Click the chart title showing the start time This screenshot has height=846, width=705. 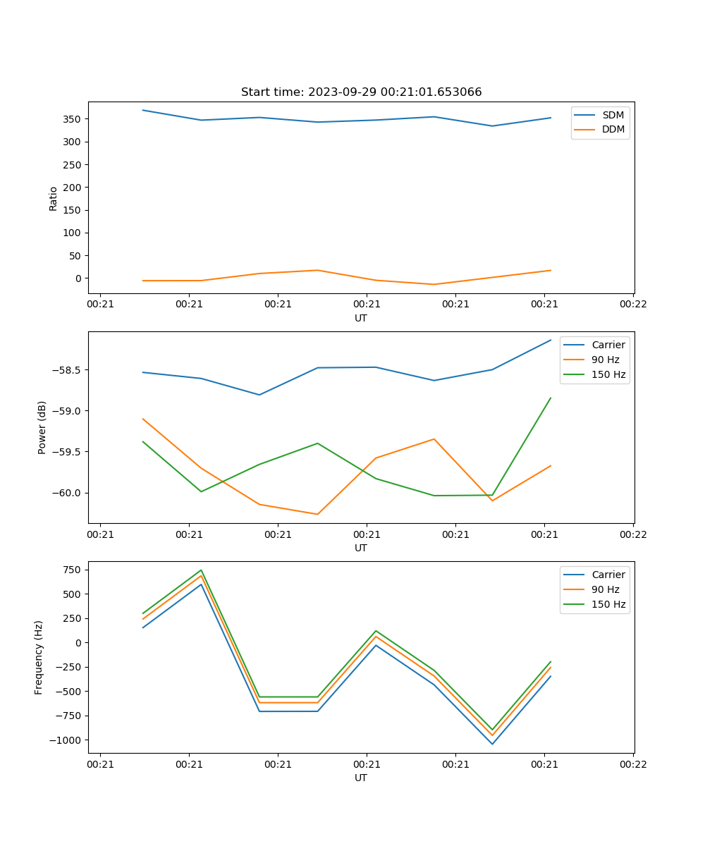tap(361, 92)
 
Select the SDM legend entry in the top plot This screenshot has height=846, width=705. tap(613, 115)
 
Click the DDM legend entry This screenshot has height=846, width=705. tap(613, 129)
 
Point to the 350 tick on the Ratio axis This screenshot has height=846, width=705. tap(74, 119)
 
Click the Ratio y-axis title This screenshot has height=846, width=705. tap(54, 199)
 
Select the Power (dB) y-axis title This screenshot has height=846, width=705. tap(42, 427)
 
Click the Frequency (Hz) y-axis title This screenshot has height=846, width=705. tap(39, 657)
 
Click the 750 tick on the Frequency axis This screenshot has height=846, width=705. tap(74, 570)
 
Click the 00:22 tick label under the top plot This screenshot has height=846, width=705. tap(632, 305)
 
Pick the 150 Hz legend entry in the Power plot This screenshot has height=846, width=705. tap(608, 375)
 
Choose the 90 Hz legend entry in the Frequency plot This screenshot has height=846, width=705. tap(605, 589)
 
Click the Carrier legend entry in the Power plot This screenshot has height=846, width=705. tap(608, 345)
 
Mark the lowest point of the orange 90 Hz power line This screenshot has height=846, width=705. tap(317, 514)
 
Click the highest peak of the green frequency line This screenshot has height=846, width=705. tap(201, 570)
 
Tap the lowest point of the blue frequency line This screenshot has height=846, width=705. tap(492, 744)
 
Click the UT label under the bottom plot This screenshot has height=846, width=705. tap(361, 778)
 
